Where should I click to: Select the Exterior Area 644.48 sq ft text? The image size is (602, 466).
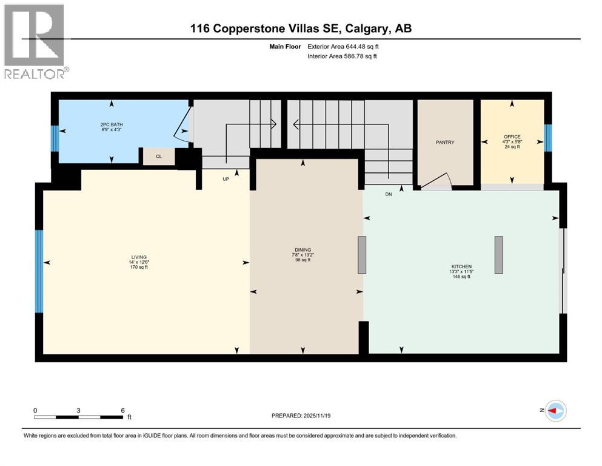(x=343, y=46)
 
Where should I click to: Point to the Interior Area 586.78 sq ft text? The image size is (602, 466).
(x=343, y=56)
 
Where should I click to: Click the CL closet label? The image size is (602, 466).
(x=159, y=157)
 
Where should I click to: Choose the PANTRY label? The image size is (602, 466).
(x=444, y=143)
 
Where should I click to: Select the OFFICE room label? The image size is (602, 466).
(x=512, y=140)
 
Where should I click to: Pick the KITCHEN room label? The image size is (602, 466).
(x=461, y=269)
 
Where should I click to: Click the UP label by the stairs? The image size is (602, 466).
(x=226, y=179)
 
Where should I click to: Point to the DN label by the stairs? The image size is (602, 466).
(x=389, y=195)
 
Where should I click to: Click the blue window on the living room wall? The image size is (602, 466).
(x=39, y=271)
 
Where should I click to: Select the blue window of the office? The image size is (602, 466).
(x=548, y=137)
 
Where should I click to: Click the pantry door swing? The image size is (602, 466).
(x=438, y=181)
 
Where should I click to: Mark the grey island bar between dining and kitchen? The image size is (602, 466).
(x=362, y=255)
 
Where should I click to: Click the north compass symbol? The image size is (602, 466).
(x=555, y=411)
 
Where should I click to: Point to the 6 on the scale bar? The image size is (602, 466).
(x=123, y=410)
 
